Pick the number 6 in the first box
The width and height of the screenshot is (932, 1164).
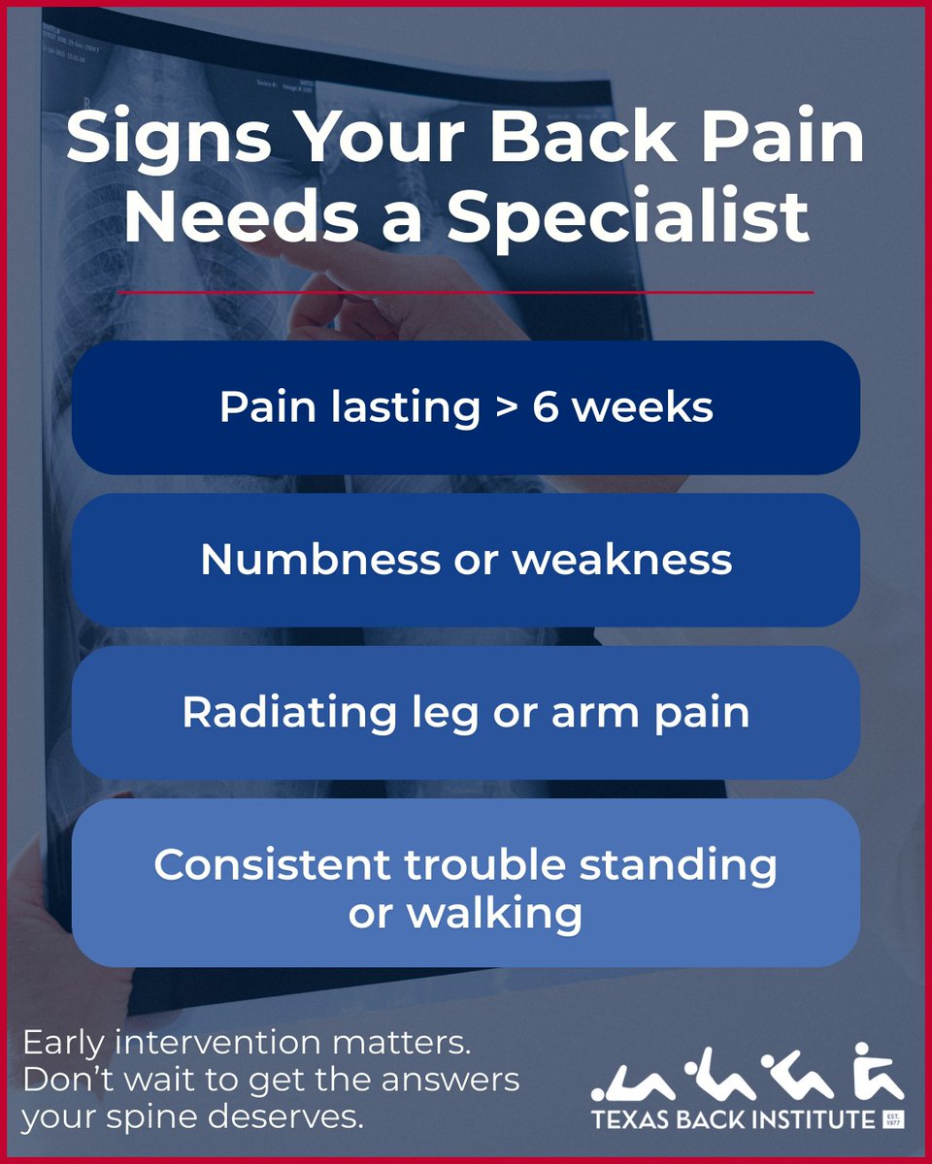pyautogui.click(x=545, y=408)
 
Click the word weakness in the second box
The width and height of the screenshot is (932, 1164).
pyautogui.click(x=622, y=560)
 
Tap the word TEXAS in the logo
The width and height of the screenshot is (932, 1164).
pyautogui.click(x=628, y=1119)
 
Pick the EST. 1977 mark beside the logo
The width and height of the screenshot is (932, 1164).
pyautogui.click(x=893, y=1120)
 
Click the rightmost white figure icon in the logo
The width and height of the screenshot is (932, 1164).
pyautogui.click(x=878, y=1072)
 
